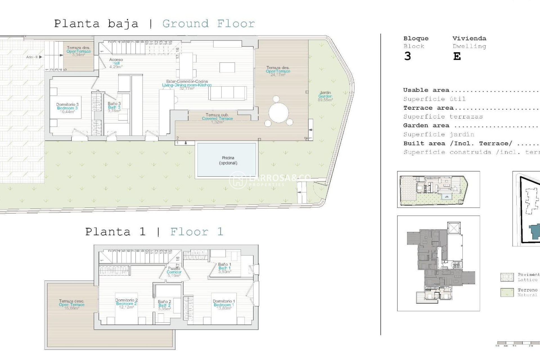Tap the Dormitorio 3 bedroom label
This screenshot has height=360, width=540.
[x=67, y=108]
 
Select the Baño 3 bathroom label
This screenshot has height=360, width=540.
[x=114, y=107]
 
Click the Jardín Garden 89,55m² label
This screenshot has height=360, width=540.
[x=325, y=96]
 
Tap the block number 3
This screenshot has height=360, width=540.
[x=408, y=57]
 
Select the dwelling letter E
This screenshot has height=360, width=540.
[x=457, y=57]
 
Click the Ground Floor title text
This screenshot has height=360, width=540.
[x=208, y=24]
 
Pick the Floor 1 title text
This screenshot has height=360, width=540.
[x=197, y=232]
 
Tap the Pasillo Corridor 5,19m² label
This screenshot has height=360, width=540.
[x=174, y=272]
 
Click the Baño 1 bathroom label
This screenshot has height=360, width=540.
[x=225, y=268]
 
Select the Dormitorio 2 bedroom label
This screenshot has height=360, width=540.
[x=126, y=304]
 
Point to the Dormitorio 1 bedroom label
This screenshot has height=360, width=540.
[x=224, y=305]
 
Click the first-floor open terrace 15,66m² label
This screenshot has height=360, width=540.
[x=72, y=305]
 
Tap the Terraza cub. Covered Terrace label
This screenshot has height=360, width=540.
[x=217, y=118]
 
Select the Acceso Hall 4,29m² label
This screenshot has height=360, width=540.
[x=116, y=63]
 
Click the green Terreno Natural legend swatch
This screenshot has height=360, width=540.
[x=507, y=292]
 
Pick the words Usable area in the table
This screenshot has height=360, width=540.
[x=426, y=90]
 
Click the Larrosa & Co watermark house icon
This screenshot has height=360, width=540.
[x=238, y=180]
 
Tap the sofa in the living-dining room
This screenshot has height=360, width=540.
[x=228, y=93]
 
